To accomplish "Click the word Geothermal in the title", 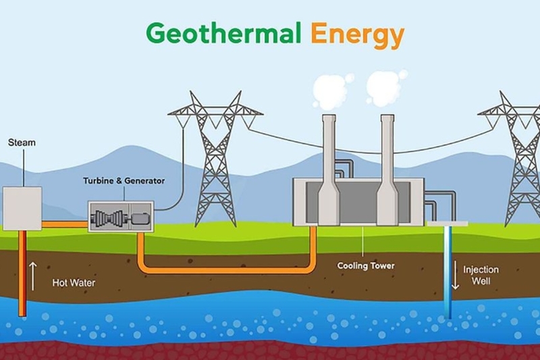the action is pyautogui.click(x=223, y=34).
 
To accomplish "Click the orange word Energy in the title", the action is pyautogui.click(x=357, y=34).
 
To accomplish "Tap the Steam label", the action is pyautogui.click(x=22, y=143).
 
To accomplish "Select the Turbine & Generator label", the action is pyautogui.click(x=124, y=181).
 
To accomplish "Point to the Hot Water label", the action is pyautogui.click(x=74, y=283).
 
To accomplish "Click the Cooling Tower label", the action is pyautogui.click(x=366, y=265).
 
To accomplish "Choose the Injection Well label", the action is pyautogui.click(x=481, y=276).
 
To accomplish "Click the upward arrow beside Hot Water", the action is pyautogui.click(x=32, y=276).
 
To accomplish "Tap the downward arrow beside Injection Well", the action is pyautogui.click(x=455, y=275).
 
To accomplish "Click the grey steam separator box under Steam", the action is pyautogui.click(x=22, y=209).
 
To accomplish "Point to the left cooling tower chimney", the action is pyautogui.click(x=329, y=170).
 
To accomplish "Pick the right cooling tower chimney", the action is pyautogui.click(x=387, y=170).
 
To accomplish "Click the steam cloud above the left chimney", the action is pyautogui.click(x=332, y=91).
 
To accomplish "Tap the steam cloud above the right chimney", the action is pyautogui.click(x=385, y=88).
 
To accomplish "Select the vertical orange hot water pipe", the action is pyautogui.click(x=22, y=273).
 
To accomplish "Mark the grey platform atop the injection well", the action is pyautogui.click(x=448, y=224).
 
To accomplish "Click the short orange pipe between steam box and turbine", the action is pyautogui.click(x=65, y=225).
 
